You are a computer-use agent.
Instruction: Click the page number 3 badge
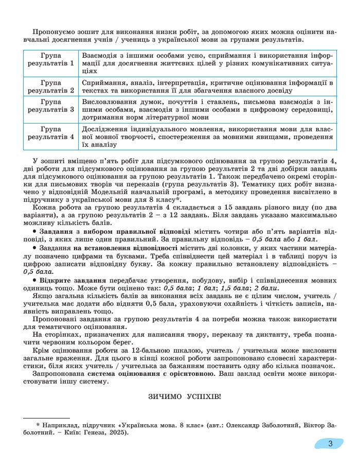tap(330, 443)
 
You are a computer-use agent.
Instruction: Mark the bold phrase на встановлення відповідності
tap(118, 248)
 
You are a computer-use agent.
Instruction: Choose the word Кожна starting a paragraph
tap(43, 208)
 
